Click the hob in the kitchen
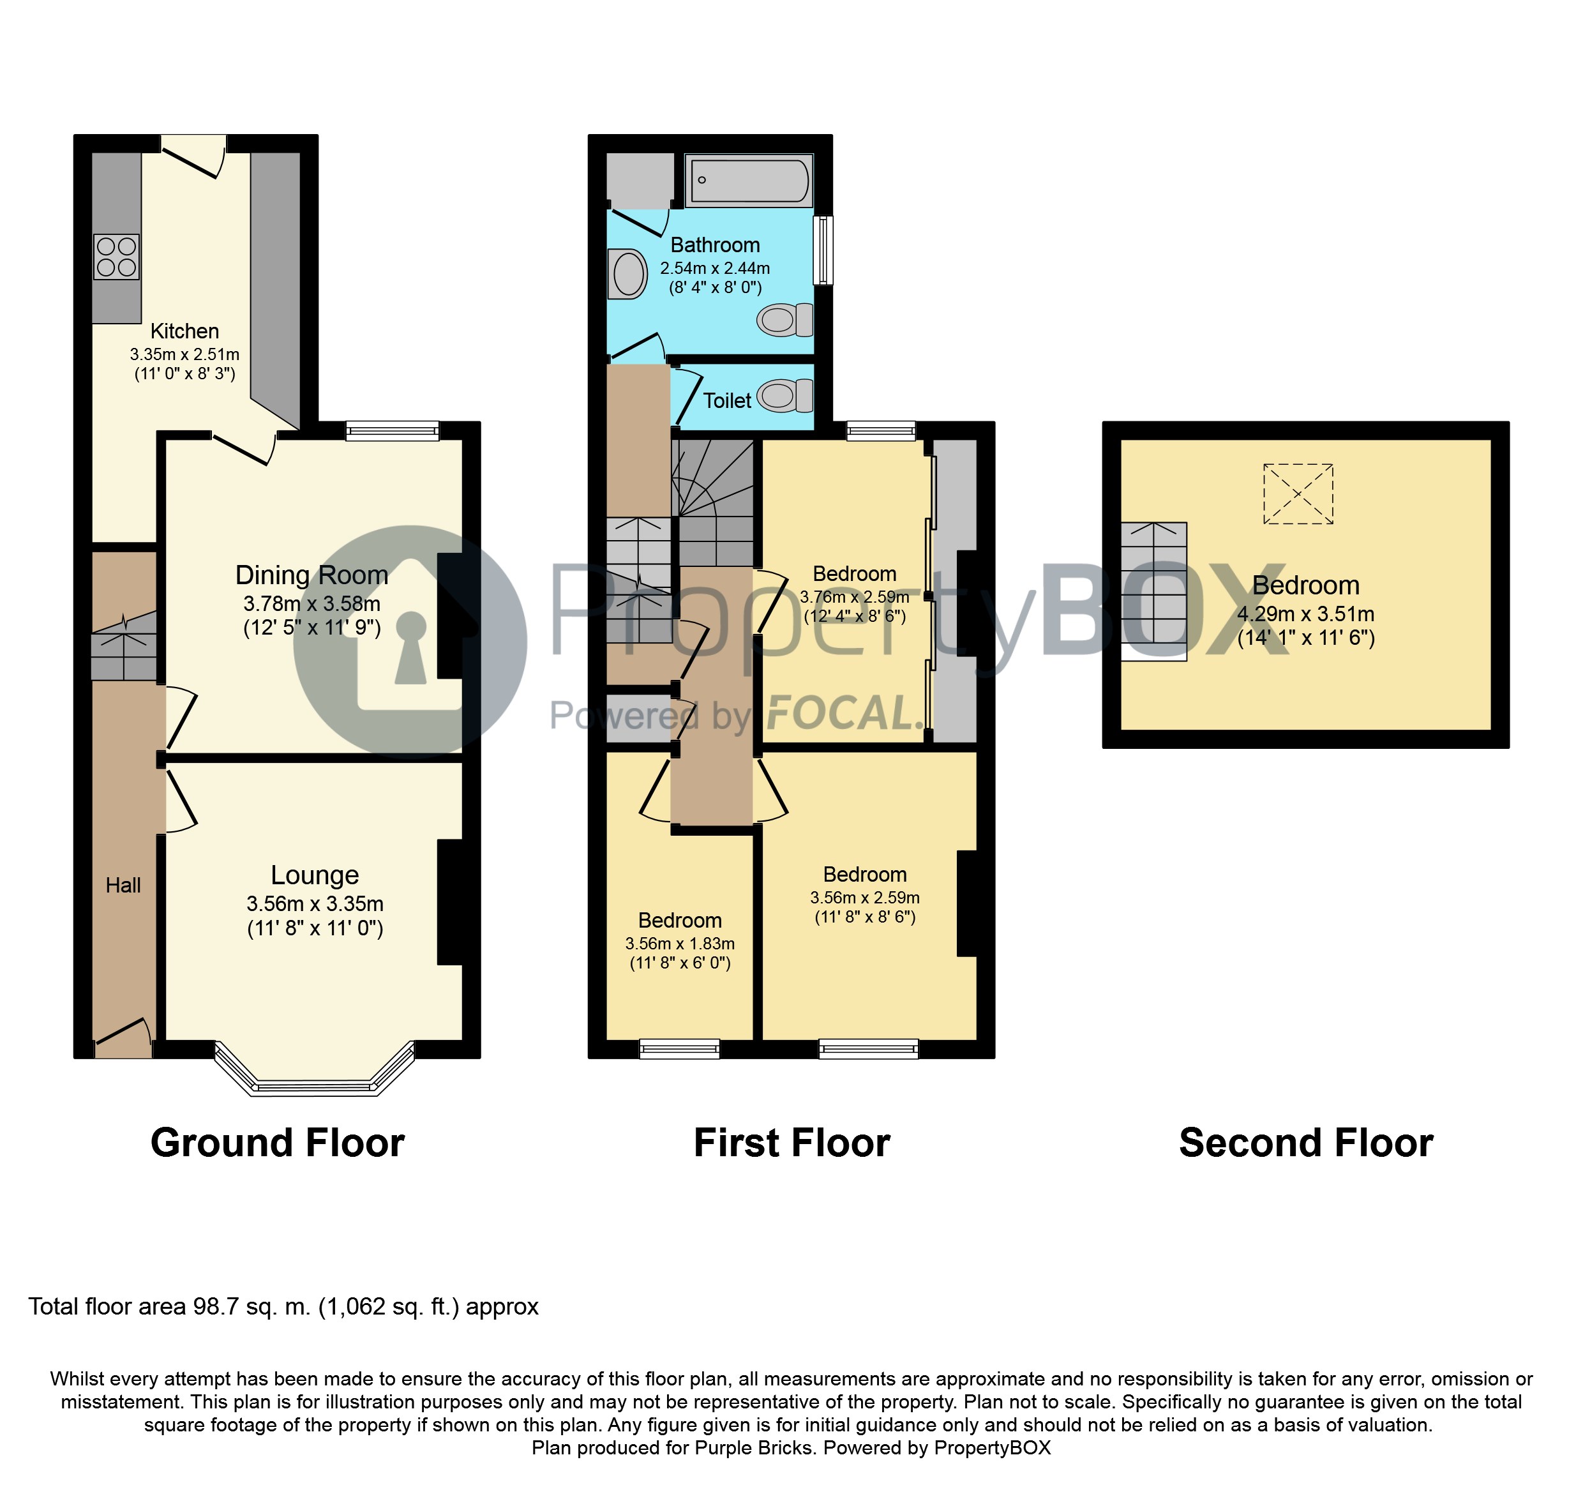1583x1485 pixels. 117,257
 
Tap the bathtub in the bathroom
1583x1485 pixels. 749,181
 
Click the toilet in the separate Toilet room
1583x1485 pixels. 785,396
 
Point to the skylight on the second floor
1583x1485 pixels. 1298,494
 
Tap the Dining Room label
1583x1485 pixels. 311,575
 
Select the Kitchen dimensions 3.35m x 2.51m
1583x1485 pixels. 184,354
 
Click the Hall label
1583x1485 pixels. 123,885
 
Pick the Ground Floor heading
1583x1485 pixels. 277,1143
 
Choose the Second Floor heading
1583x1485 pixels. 1306,1143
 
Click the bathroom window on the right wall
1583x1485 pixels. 823,250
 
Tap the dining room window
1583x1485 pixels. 393,431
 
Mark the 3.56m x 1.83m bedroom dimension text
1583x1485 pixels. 679,944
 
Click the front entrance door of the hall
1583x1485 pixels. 123,1039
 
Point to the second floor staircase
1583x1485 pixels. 1154,591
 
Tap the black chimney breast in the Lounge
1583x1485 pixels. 451,903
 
